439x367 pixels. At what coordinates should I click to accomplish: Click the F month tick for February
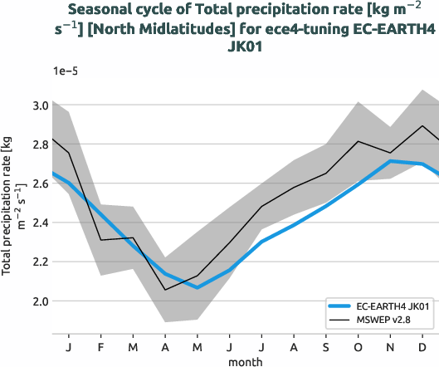coord(100,345)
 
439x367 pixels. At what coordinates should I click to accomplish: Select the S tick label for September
coord(326,345)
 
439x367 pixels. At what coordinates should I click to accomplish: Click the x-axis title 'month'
coord(246,361)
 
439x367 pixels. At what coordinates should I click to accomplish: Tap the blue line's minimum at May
coord(198,287)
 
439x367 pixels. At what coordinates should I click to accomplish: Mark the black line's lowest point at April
coord(165,290)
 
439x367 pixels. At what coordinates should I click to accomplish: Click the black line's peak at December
coord(423,126)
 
